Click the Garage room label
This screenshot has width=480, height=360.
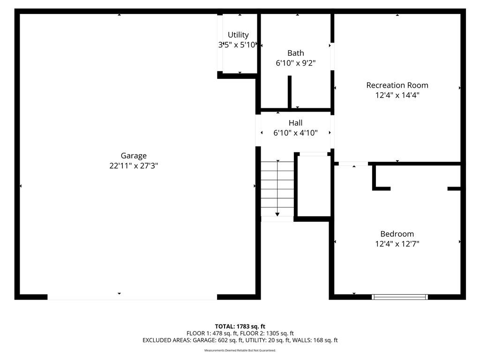tap(134, 156)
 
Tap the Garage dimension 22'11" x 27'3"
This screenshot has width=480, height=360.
tap(134, 166)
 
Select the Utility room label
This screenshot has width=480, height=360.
tap(238, 35)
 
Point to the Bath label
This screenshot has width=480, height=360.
tap(296, 53)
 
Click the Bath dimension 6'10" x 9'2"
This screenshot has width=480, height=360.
tap(296, 63)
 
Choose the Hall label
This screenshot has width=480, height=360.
tap(295, 123)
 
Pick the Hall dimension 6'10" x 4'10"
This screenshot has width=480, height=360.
tap(295, 133)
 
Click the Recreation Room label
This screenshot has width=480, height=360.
tap(397, 85)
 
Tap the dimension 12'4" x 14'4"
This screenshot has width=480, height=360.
tap(397, 95)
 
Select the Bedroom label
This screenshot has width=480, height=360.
tap(397, 234)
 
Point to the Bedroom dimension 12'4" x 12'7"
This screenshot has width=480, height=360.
tap(397, 244)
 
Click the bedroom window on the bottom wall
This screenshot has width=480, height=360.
tap(400, 297)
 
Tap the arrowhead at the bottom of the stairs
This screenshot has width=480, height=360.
tap(277, 215)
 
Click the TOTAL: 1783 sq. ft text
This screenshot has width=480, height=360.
tap(240, 327)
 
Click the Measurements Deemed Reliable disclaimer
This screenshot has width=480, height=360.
tap(240, 351)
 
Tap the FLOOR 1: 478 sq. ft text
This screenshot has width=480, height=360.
tap(212, 333)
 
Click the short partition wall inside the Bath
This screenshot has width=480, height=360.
tap(290, 91)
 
